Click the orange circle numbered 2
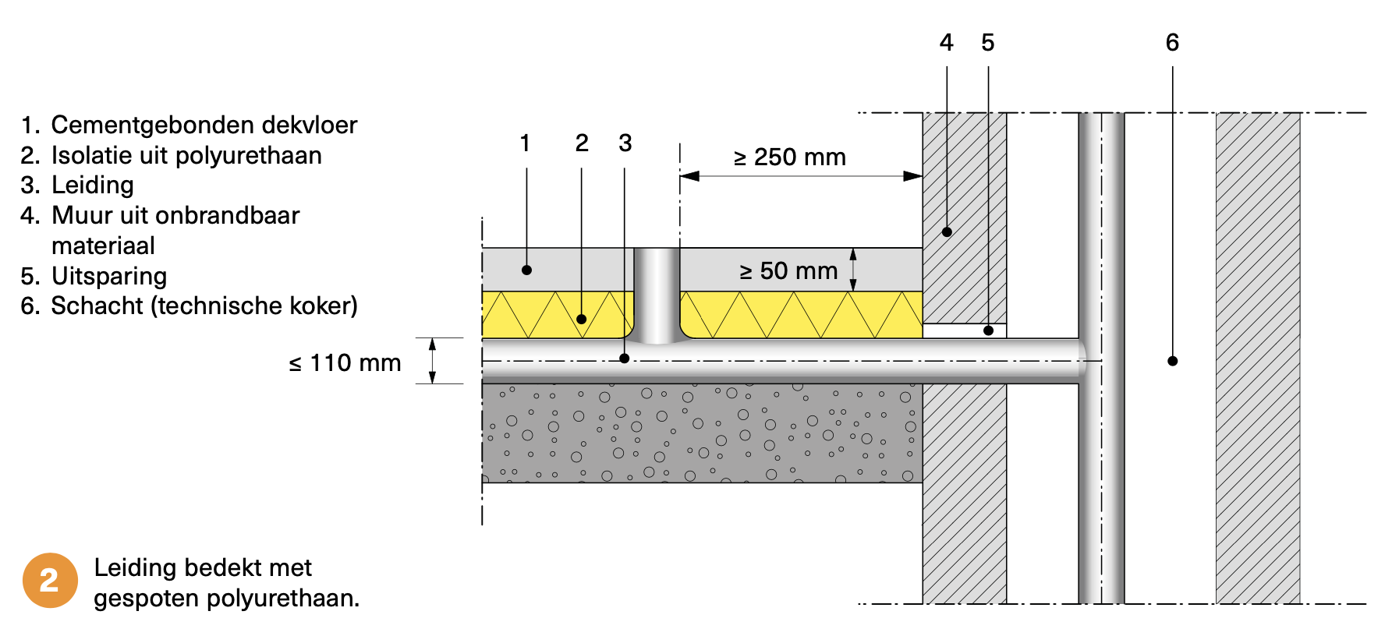coord(50,581)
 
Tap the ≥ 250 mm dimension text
coord(789,157)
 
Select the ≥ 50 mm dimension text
coord(788,271)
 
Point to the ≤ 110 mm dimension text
coord(345,363)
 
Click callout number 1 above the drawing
coord(525,143)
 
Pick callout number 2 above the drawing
coord(582,143)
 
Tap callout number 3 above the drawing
coord(625,143)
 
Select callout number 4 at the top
coord(947,43)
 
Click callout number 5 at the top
coord(988,43)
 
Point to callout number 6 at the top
coord(1172,43)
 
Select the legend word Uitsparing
coord(109,277)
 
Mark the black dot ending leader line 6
coord(1172,361)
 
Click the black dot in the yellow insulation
coord(581,319)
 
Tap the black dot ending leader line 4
coord(947,231)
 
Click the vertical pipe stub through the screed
coord(657,292)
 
